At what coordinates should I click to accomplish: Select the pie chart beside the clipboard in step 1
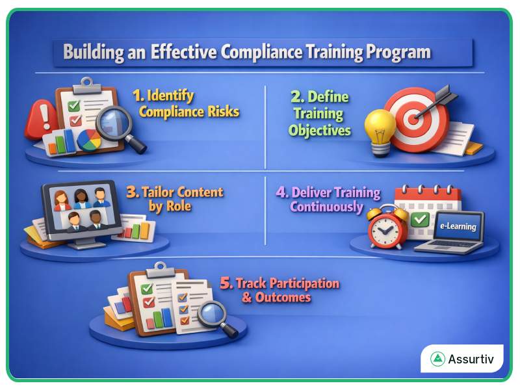tap(89, 139)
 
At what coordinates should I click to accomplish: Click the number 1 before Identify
tap(138, 96)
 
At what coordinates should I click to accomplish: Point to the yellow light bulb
tap(380, 126)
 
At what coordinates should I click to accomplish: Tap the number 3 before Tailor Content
tap(132, 193)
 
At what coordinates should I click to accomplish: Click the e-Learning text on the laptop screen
tap(458, 227)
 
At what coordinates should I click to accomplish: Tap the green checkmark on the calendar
tap(420, 219)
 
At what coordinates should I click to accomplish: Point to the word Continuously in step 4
tap(326, 207)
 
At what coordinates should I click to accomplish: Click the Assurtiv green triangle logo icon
tap(437, 359)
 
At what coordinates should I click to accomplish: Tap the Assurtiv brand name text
tap(471, 359)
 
